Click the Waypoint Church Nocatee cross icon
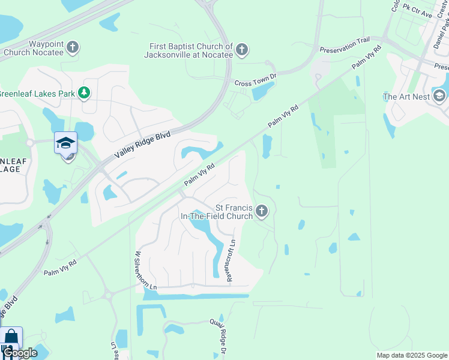click(x=72, y=47)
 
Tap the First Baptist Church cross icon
click(x=242, y=50)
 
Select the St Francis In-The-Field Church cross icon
click(x=261, y=211)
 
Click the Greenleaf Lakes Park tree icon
click(x=84, y=93)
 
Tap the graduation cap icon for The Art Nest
click(x=439, y=96)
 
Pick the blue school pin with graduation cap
click(x=65, y=144)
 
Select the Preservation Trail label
click(x=345, y=46)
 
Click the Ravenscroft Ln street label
click(x=232, y=254)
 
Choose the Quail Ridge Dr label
click(x=217, y=335)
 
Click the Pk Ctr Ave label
click(x=418, y=11)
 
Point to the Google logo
click(x=19, y=353)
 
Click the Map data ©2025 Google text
click(x=411, y=355)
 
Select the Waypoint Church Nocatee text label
click(x=34, y=47)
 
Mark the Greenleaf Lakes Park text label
click(x=37, y=94)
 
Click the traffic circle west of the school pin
click(x=29, y=143)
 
